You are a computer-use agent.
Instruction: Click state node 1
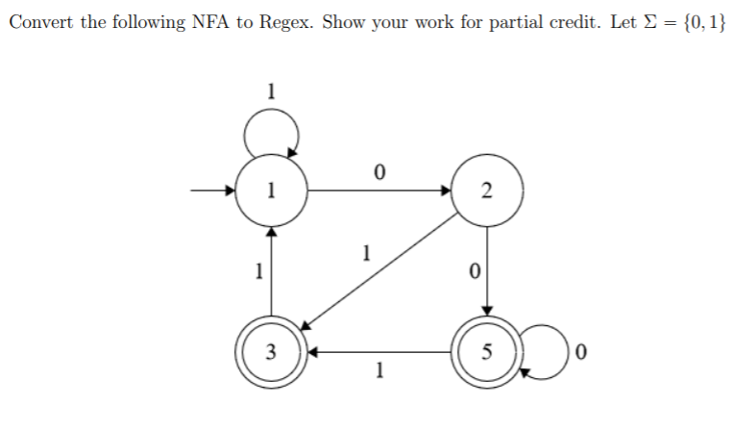272,190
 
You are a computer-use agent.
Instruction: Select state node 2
487,190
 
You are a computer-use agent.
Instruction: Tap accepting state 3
272,352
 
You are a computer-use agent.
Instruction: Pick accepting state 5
487,352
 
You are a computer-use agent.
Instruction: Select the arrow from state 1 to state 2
379,190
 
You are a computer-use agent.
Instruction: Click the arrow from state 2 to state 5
487,271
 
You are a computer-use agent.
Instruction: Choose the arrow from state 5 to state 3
379,352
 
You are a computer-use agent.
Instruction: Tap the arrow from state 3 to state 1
272,271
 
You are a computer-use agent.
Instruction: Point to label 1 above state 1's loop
272,92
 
